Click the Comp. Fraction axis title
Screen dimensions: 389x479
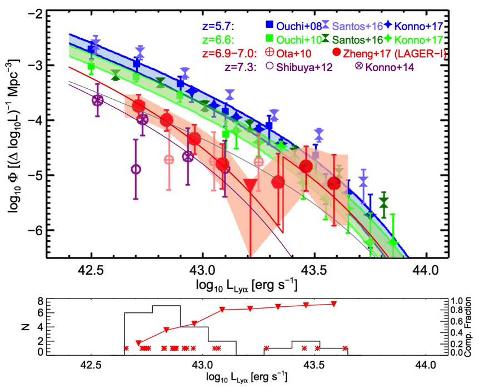coord(471,327)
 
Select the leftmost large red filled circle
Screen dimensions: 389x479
coord(138,106)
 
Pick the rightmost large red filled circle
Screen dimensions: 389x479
coord(334,183)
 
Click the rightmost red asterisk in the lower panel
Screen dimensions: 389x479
coord(346,348)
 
